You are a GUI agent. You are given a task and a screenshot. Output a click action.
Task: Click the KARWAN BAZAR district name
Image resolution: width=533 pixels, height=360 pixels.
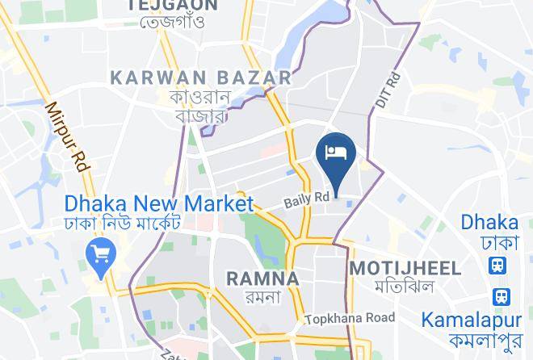click(x=201, y=77)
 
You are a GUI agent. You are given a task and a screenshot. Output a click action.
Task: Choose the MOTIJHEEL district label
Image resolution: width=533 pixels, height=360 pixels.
click(x=406, y=268)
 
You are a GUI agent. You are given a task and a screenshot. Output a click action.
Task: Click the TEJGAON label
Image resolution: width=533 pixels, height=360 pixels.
click(x=172, y=5)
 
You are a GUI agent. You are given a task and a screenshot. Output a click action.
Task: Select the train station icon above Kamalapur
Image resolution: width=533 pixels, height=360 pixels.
click(x=502, y=297)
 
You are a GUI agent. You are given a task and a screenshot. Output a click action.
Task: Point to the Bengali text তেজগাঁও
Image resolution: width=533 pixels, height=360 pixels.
click(x=171, y=21)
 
